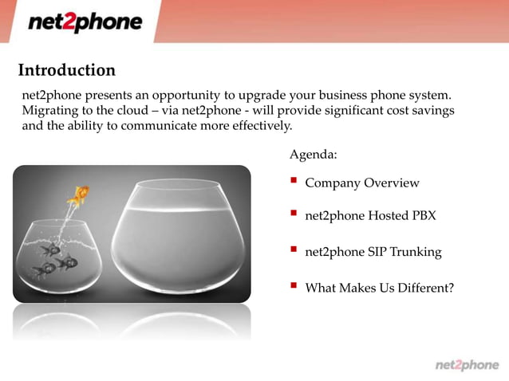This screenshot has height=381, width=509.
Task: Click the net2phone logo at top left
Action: pos(85,22)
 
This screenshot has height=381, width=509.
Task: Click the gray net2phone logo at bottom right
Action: pos(467,364)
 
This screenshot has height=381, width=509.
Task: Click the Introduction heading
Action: pos(66,70)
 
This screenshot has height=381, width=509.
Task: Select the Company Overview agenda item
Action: pos(361,183)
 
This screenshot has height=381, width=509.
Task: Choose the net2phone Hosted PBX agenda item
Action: pos(370,216)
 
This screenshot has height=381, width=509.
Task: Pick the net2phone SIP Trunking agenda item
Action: pos(373,252)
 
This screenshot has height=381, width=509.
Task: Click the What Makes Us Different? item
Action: pos(379,287)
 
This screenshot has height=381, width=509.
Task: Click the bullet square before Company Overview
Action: pos(294,182)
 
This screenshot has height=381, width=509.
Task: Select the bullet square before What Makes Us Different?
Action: pos(294,285)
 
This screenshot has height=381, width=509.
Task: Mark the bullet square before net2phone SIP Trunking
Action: pos(294,250)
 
